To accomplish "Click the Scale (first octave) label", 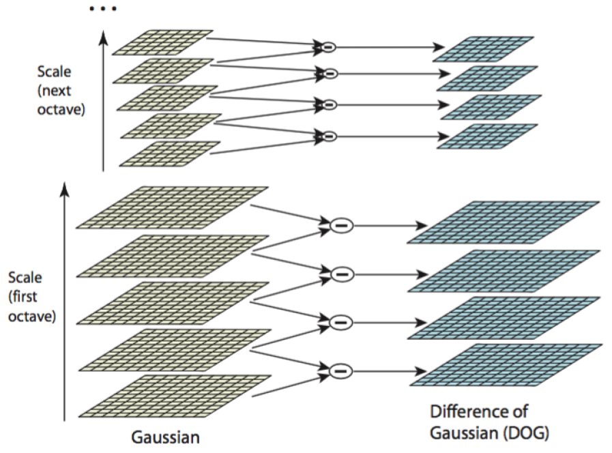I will point(31,297).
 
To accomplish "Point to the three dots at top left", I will point(103,10).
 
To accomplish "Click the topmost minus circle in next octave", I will point(329,48).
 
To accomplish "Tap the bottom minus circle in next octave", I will point(329,136).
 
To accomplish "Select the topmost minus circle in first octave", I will point(340,226).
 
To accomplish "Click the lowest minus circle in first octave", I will point(340,370).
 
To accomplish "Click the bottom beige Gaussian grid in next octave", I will point(170,154).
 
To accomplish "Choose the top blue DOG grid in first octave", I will point(504,222).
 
